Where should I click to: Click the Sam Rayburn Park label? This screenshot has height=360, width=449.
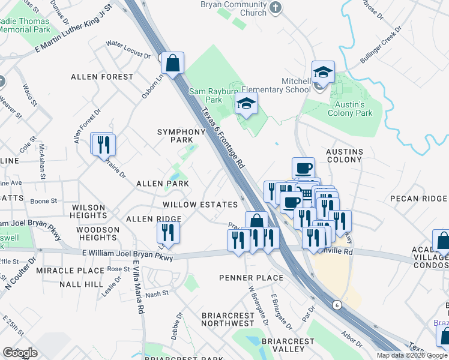tap(206, 95)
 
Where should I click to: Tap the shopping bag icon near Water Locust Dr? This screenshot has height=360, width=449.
tap(172, 62)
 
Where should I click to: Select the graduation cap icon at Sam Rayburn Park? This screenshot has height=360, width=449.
tap(246, 104)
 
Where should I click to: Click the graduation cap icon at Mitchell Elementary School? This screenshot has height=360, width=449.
tap(323, 73)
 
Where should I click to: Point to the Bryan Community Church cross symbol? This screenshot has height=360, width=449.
tap(276, 8)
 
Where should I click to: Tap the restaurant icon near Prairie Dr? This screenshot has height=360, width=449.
tap(103, 143)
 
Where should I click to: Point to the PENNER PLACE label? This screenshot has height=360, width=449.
tap(251, 278)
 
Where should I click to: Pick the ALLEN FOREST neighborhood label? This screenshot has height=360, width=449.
tap(102, 77)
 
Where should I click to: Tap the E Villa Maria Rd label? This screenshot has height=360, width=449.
tap(139, 288)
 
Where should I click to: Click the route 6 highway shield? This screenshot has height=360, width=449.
tap(337, 305)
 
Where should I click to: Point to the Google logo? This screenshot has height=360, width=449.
tap(20, 352)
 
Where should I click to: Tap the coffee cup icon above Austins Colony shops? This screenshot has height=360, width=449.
tap(303, 167)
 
